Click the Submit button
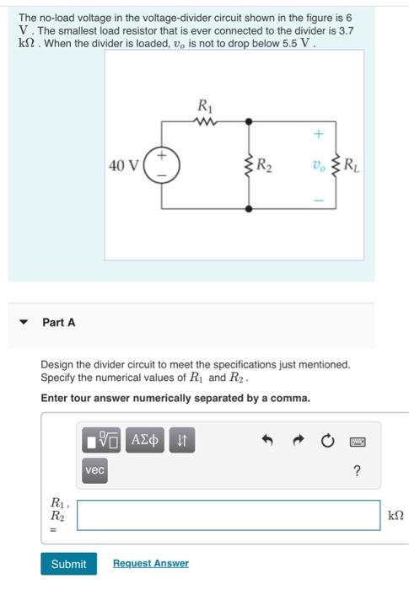click(68, 564)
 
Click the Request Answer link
click(150, 564)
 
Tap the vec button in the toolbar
click(94, 471)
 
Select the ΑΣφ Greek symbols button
click(144, 439)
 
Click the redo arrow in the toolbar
click(299, 440)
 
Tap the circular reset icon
click(327, 440)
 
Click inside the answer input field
click(228, 515)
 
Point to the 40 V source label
click(123, 164)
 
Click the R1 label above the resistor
click(204, 105)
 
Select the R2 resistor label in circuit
click(264, 164)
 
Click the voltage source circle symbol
click(161, 164)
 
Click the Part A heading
click(59, 323)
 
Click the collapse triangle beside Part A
click(24, 323)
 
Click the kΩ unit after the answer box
click(395, 515)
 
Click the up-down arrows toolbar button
click(181, 439)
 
